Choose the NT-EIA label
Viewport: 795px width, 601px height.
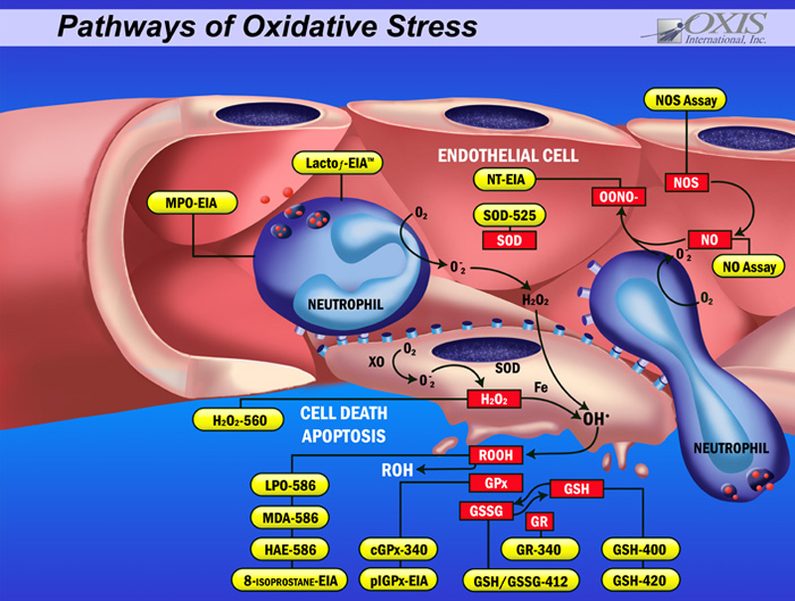tap(504, 179)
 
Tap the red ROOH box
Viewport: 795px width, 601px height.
tap(495, 456)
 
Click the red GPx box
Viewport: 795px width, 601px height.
tap(494, 484)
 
